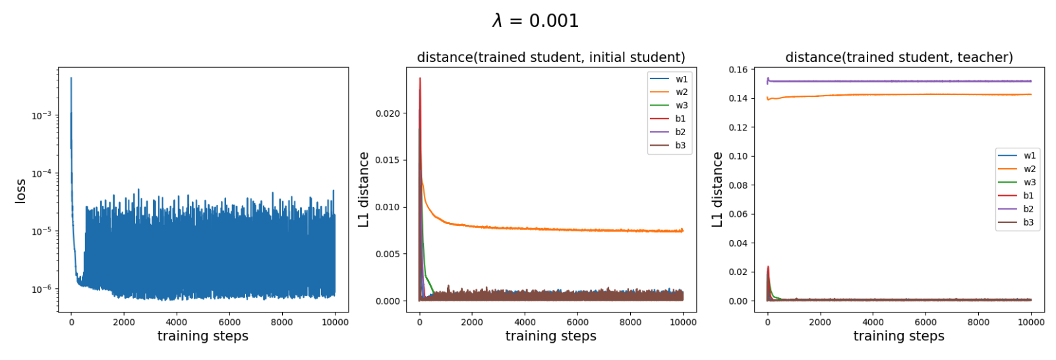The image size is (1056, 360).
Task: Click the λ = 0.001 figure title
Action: [535, 21]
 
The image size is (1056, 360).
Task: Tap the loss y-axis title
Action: [20, 191]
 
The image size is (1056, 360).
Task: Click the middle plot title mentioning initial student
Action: [551, 57]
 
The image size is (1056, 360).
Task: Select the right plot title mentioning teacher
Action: [899, 57]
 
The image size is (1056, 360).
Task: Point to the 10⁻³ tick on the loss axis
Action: [42, 115]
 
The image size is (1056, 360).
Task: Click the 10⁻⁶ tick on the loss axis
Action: [42, 289]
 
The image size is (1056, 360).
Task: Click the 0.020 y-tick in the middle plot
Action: [388, 113]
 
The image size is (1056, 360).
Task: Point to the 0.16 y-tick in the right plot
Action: [738, 69]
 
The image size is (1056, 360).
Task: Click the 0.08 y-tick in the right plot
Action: [738, 185]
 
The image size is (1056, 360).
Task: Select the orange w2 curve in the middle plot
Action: [551, 228]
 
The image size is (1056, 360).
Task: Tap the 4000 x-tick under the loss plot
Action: [176, 322]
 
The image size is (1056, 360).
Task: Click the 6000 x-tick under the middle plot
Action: [577, 322]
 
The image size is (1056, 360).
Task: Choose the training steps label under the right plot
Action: [899, 336]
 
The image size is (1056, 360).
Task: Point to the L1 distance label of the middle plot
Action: [363, 190]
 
